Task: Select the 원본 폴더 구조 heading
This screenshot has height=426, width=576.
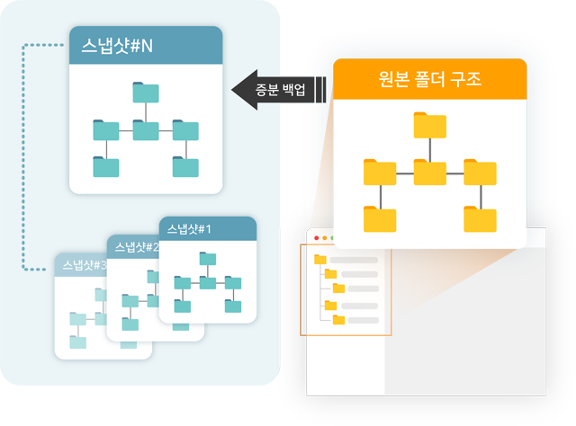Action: [x=430, y=79]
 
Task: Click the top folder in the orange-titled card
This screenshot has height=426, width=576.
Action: [x=430, y=126]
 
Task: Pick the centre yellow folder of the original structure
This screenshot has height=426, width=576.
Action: [x=430, y=172]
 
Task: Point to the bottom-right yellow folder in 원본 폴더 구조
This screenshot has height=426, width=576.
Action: [x=480, y=219]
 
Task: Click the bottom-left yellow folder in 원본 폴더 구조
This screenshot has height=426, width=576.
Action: [x=380, y=219]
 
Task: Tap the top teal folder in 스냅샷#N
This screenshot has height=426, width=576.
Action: [x=145, y=93]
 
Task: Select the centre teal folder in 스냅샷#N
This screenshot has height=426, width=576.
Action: [x=145, y=130]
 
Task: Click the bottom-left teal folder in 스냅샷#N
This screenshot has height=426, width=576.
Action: [x=105, y=166]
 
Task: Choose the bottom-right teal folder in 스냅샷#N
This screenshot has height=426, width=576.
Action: [x=185, y=166]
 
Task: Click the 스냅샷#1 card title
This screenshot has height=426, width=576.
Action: [x=189, y=228]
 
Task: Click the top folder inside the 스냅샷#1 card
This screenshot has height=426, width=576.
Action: [x=208, y=260]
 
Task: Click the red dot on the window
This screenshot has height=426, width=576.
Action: [x=316, y=237]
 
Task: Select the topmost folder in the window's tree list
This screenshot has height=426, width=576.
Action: [x=320, y=260]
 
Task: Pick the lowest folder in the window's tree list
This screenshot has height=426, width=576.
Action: [x=338, y=319]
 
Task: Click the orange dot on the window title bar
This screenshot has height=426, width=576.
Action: [x=324, y=237]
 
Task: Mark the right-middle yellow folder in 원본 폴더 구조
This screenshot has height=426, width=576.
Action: [x=480, y=172]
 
